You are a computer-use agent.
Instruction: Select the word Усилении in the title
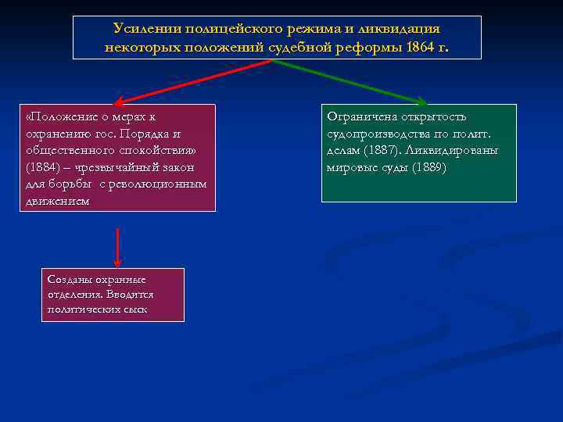coord(145,28)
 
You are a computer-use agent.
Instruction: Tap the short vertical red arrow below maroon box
coord(117,248)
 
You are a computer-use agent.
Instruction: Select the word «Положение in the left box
coord(59,116)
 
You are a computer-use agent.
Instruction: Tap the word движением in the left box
coord(56,201)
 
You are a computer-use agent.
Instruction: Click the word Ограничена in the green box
coord(361,116)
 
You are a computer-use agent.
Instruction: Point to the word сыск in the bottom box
coord(134,309)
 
